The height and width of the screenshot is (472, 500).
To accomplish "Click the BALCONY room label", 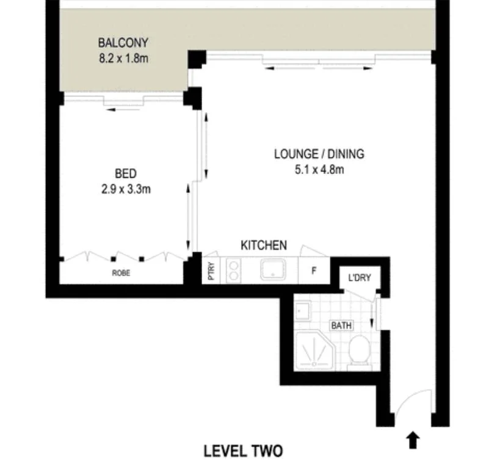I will [x=123, y=43].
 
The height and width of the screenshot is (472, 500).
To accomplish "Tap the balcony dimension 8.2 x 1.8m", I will [x=123, y=59].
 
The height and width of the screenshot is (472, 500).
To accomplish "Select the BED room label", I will [x=125, y=174].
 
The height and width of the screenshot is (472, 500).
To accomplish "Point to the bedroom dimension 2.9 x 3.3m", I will [x=126, y=189].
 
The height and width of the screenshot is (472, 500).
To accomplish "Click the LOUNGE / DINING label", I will [x=319, y=154].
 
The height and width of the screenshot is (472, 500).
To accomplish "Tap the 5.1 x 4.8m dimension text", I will [x=319, y=169].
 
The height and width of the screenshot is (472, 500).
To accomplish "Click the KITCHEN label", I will [x=264, y=245].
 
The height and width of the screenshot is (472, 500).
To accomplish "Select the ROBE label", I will [x=121, y=274].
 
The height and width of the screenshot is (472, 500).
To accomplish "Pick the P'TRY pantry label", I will [x=211, y=270].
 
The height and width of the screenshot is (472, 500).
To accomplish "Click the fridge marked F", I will [x=314, y=269].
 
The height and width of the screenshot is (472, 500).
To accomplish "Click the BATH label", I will [x=341, y=325].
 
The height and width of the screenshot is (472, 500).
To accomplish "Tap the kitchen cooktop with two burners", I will [x=234, y=270].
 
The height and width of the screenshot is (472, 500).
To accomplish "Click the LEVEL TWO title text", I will [x=243, y=451].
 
